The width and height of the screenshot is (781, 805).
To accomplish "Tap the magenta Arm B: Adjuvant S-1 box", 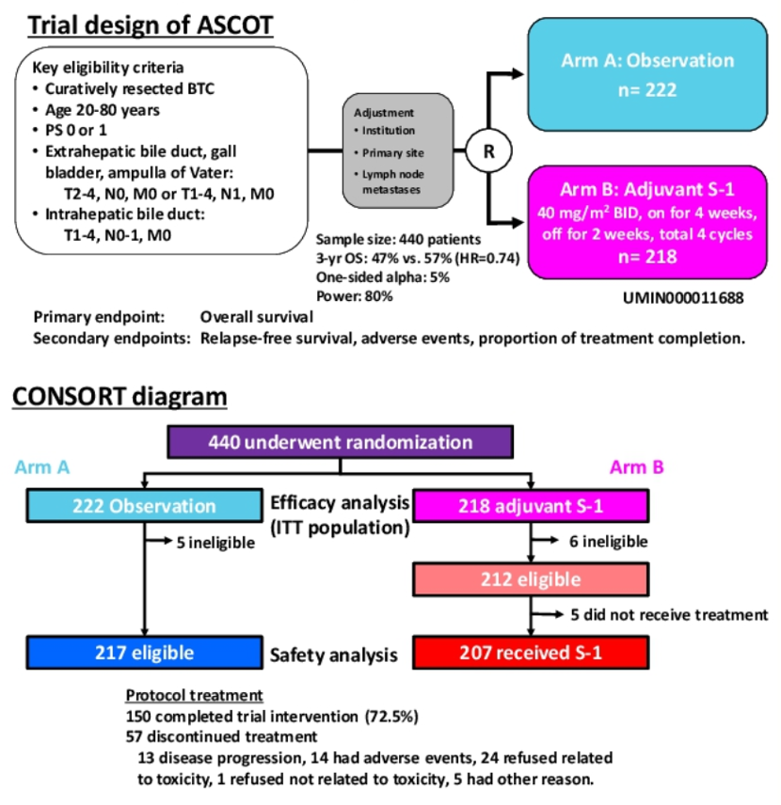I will pyautogui.click(x=646, y=221).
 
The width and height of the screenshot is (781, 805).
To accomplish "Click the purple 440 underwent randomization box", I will pyautogui.click(x=340, y=443).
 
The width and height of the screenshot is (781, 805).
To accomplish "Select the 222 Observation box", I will pyautogui.click(x=143, y=506).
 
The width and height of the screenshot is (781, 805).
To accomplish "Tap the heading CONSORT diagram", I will pyautogui.click(x=120, y=397).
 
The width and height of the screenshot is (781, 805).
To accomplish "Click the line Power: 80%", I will pyautogui.click(x=354, y=295).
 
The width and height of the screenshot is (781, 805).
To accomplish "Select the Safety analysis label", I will pyautogui.click(x=328, y=653).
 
